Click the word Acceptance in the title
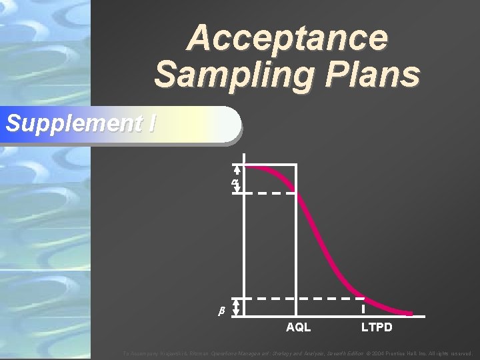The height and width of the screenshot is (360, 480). coord(287,38)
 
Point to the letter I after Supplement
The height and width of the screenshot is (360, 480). coord(152,123)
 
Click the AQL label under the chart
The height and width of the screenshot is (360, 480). coord(298,327)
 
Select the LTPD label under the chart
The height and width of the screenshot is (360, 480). coord(377,327)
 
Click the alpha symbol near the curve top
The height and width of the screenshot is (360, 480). coord(235,182)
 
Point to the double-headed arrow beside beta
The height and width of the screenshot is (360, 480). coord(236,306)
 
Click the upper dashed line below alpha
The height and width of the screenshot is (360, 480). coord(270,193)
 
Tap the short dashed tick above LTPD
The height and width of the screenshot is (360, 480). coord(363,309)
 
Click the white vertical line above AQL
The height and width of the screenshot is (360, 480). coord(296,240)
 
